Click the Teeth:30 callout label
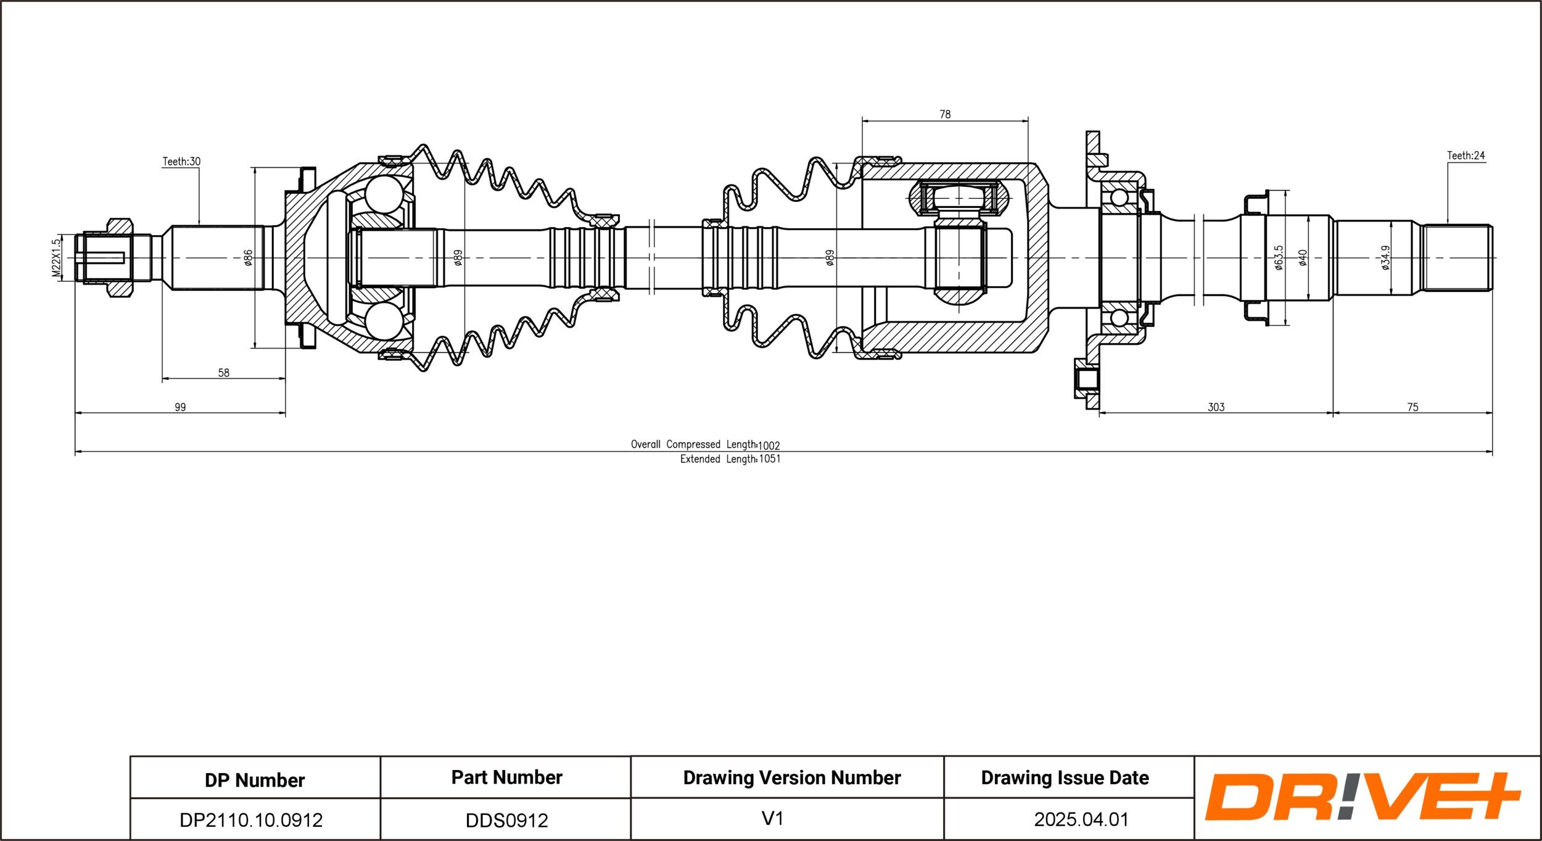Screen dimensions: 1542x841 click(x=181, y=162)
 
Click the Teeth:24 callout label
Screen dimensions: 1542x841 click(x=1466, y=155)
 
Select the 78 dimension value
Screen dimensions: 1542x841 click(x=945, y=114)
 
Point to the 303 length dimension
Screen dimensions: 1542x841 click(x=1216, y=407)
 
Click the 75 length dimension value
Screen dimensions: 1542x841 click(x=1412, y=407)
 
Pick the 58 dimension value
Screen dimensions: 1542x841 click(x=223, y=373)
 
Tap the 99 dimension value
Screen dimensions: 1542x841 click(x=179, y=407)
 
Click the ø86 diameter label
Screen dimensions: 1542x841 click(x=248, y=257)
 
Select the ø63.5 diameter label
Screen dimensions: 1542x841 click(x=1279, y=257)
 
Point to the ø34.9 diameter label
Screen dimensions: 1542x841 click(x=1385, y=257)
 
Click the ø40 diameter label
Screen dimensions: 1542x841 click(x=1303, y=257)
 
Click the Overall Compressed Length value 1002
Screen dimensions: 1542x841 click(x=769, y=445)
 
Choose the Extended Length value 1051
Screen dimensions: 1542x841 click(x=770, y=459)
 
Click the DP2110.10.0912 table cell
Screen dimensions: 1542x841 click(x=251, y=820)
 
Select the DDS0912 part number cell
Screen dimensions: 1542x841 click(x=506, y=820)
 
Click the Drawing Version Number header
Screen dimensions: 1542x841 click(x=792, y=777)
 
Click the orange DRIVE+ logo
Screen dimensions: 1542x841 click(x=1364, y=797)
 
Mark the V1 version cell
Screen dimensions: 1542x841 click(x=772, y=819)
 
